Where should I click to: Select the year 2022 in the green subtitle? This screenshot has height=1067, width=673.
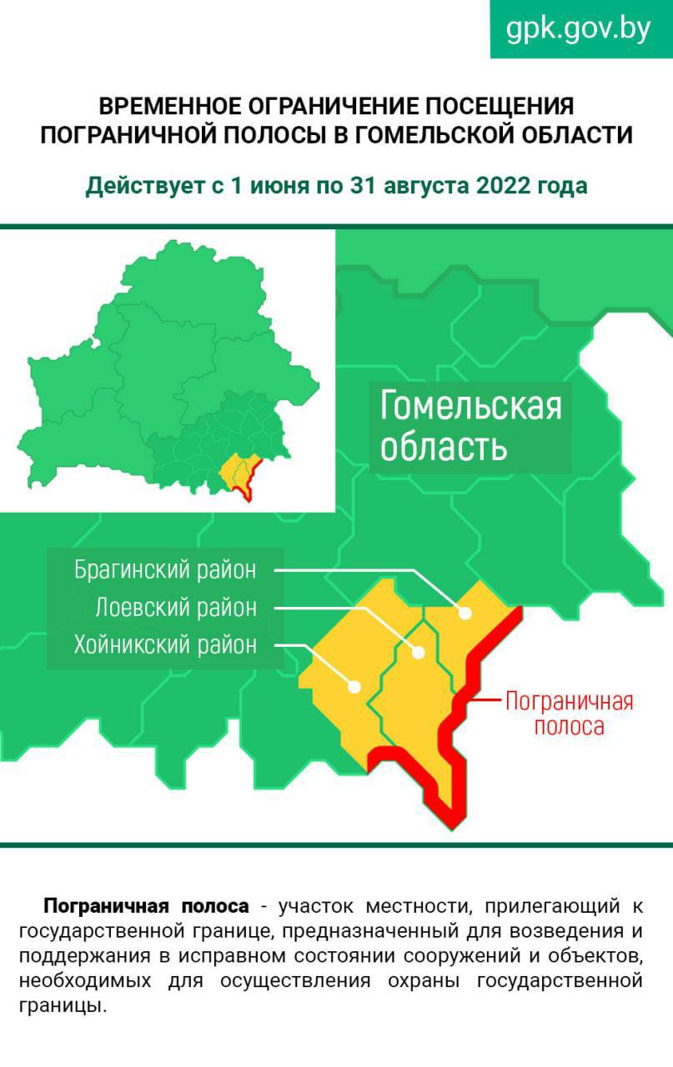click(505, 185)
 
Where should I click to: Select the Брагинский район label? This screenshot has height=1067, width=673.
click(165, 570)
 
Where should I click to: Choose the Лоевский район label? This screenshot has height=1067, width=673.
click(176, 608)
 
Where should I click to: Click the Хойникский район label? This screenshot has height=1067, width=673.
click(165, 644)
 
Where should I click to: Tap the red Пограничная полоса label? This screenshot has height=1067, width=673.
click(569, 713)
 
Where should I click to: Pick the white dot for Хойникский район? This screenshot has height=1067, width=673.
click(354, 687)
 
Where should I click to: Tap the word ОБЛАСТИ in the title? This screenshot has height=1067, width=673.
click(582, 134)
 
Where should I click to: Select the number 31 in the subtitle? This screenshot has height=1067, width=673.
click(363, 185)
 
